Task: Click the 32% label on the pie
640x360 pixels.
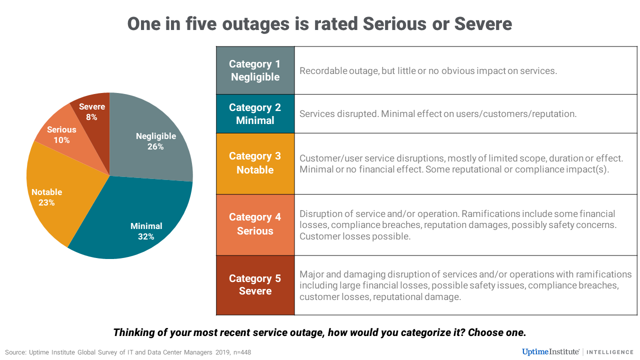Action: click(146, 237)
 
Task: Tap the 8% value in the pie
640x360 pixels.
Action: click(91, 117)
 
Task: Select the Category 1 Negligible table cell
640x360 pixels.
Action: click(255, 70)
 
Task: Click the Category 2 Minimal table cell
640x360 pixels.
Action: click(255, 114)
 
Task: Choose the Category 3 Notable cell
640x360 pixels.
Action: click(255, 163)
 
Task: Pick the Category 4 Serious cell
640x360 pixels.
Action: click(255, 224)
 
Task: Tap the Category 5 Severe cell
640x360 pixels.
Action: click(255, 285)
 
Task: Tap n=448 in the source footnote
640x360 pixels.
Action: click(240, 352)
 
